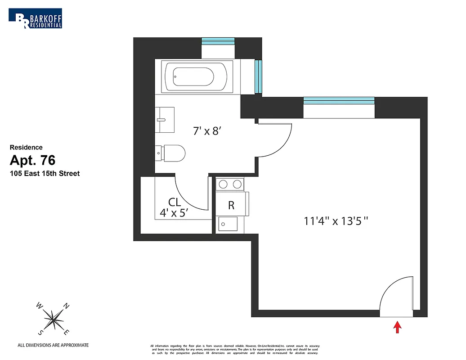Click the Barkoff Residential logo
click(36, 18)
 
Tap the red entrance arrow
click(398, 327)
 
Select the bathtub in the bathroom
click(194, 76)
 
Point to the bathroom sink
click(165, 120)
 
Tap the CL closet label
click(174, 202)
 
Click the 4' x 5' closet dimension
click(173, 213)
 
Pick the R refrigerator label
click(231, 206)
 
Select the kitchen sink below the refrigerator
click(228, 224)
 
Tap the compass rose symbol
click(54, 319)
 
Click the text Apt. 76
click(32, 160)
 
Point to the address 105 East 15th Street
click(45, 173)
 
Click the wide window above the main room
click(339, 100)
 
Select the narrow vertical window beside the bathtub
click(258, 76)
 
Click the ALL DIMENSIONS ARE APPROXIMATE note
click(53, 345)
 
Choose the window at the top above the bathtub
click(218, 41)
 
